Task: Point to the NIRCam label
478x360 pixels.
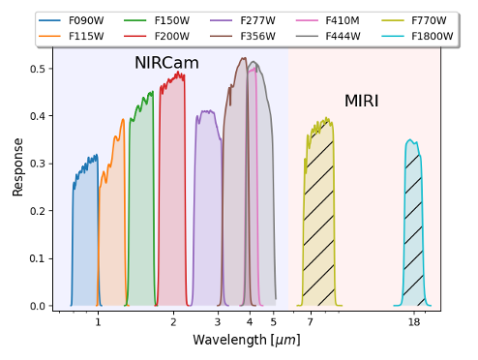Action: click(x=166, y=64)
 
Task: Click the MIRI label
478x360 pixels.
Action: click(x=361, y=101)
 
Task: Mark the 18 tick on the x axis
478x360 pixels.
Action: click(x=414, y=321)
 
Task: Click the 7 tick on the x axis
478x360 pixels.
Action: click(x=311, y=321)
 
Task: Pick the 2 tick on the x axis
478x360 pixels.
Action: click(x=173, y=321)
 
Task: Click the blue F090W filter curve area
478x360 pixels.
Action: click(x=85, y=242)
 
